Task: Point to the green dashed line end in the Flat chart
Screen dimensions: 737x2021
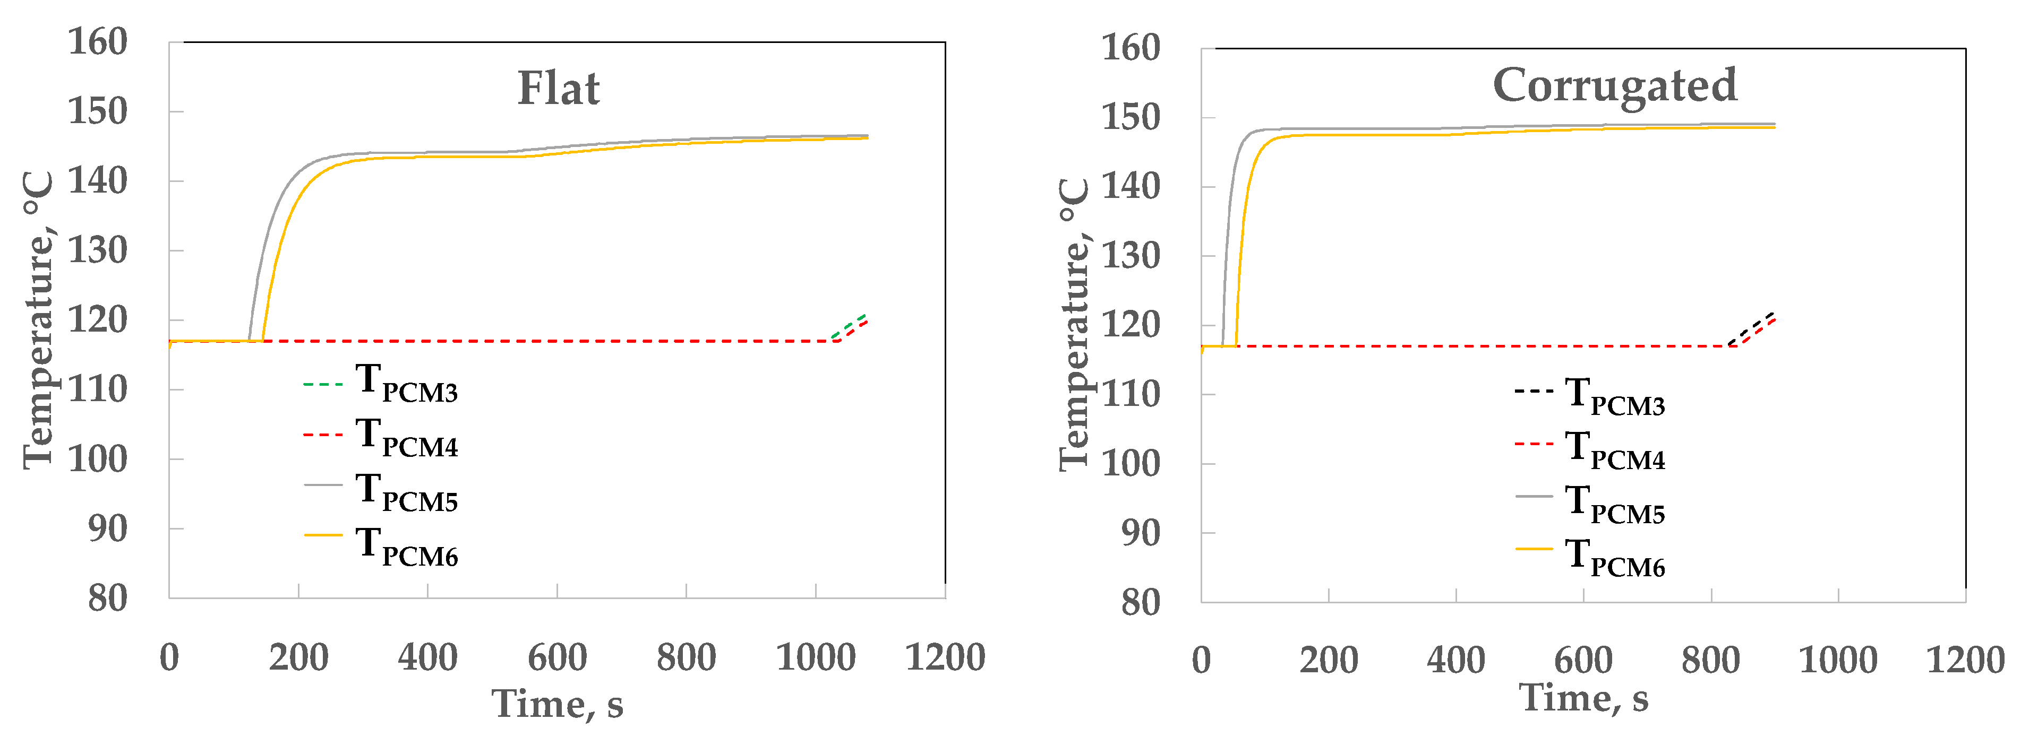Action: (x=864, y=315)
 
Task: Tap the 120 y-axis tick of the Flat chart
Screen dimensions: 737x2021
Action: (x=97, y=320)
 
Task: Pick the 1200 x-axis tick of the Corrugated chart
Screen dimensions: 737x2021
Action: (x=1965, y=660)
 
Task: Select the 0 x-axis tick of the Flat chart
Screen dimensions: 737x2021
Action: (x=169, y=657)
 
